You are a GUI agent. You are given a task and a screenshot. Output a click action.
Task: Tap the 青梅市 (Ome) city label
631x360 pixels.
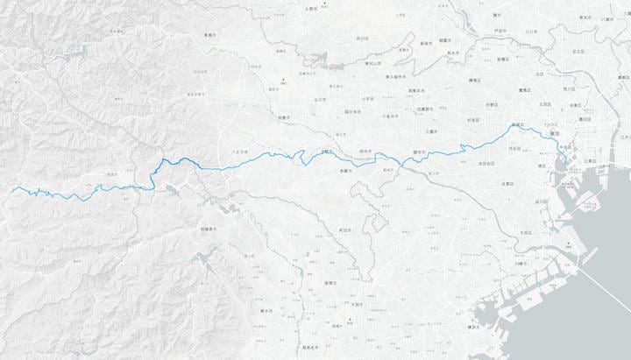(x=209, y=36)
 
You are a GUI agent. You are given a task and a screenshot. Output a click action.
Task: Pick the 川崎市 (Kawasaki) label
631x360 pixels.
(x=521, y=263)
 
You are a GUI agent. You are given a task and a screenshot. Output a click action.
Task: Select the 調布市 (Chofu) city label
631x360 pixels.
(x=419, y=152)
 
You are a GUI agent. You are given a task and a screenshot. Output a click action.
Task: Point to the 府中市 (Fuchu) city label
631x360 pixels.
(x=365, y=152)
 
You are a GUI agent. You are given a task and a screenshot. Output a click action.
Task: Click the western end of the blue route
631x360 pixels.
(x=11, y=188)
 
